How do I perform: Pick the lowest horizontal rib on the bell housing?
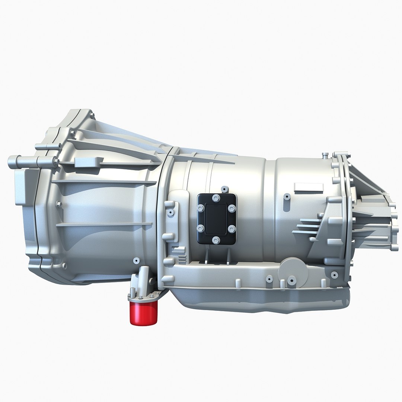(104, 224)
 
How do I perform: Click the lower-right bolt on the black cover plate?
(231, 228)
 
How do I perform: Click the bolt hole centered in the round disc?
(291, 280)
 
